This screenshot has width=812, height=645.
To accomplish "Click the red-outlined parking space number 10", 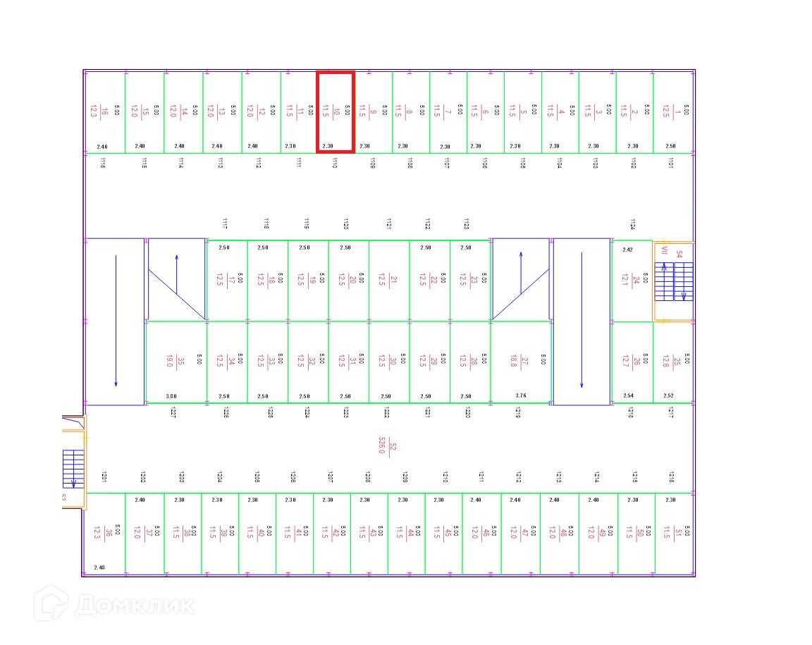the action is point(335,111).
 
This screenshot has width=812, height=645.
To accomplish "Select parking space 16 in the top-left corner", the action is point(104,111).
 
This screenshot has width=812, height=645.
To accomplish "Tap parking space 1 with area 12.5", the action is point(673,111).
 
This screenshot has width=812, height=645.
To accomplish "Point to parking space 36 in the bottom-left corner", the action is point(104,533).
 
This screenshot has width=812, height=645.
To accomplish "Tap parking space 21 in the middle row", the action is point(389,281).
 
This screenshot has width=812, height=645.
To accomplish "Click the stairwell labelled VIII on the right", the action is point(673,281).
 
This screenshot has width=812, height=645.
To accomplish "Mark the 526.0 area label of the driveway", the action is point(382,446).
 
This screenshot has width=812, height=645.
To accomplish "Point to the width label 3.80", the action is point(171,396).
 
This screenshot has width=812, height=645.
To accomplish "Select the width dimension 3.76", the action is point(521,396).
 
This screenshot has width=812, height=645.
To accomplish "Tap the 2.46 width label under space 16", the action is point(102,147).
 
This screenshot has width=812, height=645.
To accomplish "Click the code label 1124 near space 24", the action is point(632,224).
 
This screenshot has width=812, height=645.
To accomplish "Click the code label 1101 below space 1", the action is point(670,163).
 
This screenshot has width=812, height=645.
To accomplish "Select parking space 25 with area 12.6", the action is point(673,362).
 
